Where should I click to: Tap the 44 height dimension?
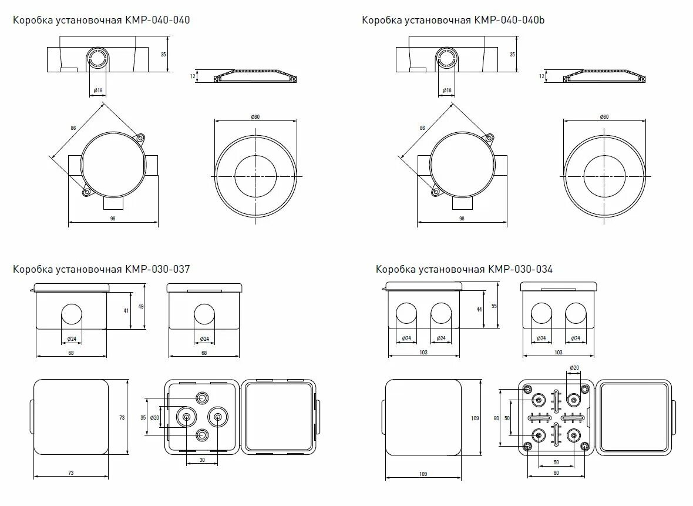tap(479, 309)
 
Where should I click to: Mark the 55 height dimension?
tap(494, 306)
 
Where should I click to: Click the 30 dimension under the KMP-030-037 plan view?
tap(202, 460)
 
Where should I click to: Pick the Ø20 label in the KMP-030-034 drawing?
tap(574, 368)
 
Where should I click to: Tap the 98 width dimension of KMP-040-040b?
tap(462, 219)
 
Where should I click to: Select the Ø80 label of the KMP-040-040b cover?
tap(604, 117)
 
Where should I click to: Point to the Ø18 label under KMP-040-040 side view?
tap(98, 90)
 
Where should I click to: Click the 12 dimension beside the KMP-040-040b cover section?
tap(541, 76)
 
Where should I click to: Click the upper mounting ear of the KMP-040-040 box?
tap(140, 138)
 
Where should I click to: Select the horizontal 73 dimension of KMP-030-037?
tap(71, 473)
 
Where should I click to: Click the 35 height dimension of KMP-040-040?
tap(163, 54)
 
